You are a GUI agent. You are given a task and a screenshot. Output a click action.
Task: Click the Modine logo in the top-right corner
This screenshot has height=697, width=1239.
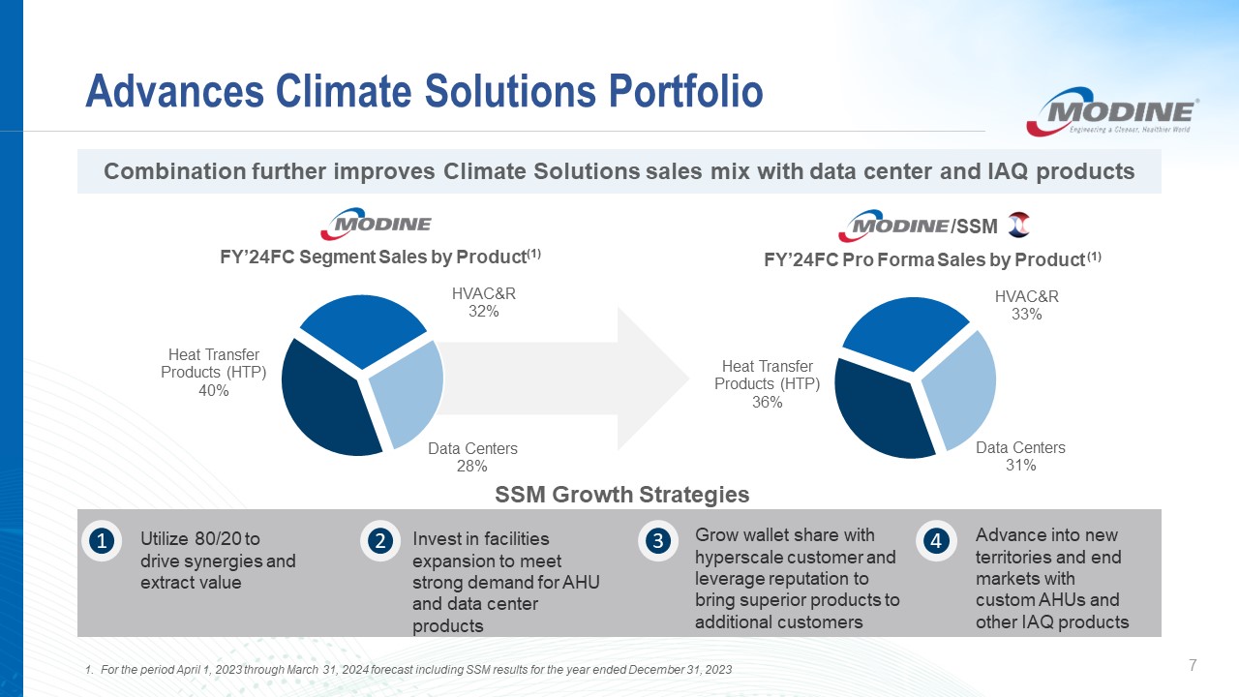pos(1112,111)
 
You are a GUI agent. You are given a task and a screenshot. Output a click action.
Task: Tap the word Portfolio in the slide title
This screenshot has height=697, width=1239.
pos(686,91)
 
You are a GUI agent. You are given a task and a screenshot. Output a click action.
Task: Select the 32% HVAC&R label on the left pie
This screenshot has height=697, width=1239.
pos(484,302)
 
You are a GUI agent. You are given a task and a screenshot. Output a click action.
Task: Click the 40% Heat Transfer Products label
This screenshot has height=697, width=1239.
pos(214,373)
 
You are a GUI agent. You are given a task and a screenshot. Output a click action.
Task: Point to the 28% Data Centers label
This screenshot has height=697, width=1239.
pos(472,457)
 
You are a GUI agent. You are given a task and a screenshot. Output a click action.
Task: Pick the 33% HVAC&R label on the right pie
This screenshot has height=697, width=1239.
pos(1027,305)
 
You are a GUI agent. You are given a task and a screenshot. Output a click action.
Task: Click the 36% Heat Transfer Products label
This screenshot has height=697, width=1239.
pos(768,384)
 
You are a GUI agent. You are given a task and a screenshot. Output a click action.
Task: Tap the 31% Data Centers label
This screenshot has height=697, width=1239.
pos(1020,456)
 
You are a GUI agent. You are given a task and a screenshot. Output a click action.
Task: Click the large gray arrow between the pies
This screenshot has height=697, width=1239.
pos(564,379)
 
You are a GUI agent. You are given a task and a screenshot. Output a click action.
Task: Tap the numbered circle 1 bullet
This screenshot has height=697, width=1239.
pos(102,541)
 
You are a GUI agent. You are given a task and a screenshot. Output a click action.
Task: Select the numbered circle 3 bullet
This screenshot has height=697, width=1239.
pos(657,540)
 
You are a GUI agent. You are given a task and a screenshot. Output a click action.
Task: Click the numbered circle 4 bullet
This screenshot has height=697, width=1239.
pos(936,540)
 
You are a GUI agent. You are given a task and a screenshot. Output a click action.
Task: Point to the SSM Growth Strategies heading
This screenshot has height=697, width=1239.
pos(622,495)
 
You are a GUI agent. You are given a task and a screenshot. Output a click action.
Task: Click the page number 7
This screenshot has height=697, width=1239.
pos(1193,665)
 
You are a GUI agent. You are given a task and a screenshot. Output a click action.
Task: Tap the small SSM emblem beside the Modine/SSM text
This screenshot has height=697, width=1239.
pos(1019,226)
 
